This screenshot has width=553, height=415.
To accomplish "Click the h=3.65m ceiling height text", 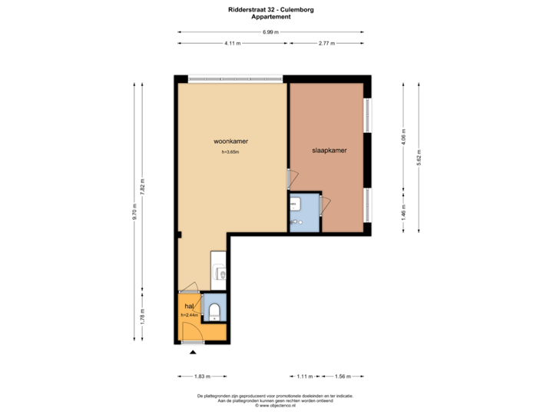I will [x=230, y=152].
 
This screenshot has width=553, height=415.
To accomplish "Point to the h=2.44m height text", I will [x=190, y=315].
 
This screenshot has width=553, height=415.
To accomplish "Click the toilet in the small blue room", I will [x=215, y=311].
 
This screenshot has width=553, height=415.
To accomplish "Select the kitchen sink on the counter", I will [x=220, y=273].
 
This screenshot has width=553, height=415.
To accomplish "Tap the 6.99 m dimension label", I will [x=270, y=32].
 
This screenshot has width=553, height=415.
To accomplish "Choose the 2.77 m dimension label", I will [x=326, y=44].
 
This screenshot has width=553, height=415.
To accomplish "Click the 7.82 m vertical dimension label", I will [x=142, y=186].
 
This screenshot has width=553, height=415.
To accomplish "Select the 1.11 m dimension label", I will [x=305, y=377].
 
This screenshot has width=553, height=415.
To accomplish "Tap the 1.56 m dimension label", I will [x=343, y=377].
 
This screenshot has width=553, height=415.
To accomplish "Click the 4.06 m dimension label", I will [x=404, y=137].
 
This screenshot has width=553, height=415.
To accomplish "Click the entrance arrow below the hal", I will [x=192, y=353].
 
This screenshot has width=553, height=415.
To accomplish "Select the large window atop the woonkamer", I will [x=235, y=78].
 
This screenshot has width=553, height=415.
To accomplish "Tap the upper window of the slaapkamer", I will [x=367, y=115].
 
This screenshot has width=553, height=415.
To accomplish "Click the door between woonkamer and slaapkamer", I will [x=290, y=179].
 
